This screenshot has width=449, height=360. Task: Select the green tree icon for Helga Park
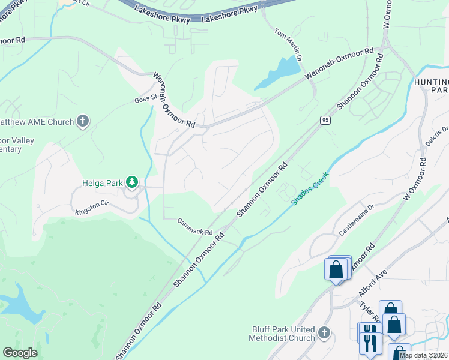(131, 182)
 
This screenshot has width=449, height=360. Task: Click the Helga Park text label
(103, 182)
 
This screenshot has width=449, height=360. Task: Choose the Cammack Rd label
(195, 227)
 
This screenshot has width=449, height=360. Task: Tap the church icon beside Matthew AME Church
(83, 122)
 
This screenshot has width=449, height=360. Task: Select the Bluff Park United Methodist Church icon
(324, 332)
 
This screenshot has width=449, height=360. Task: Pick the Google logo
(20, 352)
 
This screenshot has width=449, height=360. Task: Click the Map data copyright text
(423, 355)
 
